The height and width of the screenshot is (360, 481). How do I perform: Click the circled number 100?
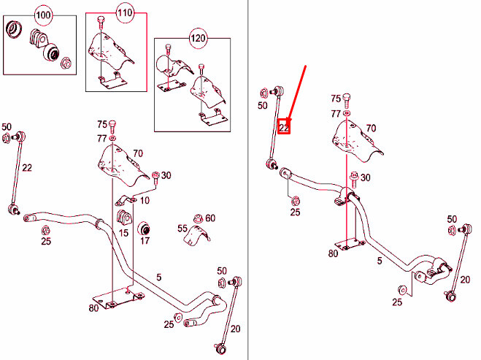[x=44, y=15]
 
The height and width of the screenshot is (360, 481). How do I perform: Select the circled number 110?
[x=124, y=14]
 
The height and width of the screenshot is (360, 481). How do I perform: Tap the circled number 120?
[x=199, y=37]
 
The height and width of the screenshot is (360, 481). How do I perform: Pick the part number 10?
[x=145, y=199]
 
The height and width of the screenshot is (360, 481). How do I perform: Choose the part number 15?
[x=123, y=233]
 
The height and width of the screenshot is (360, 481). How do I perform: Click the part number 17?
[x=145, y=240]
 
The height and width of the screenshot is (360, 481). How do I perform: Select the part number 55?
[x=182, y=229]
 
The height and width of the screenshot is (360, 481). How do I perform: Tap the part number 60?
[x=210, y=218]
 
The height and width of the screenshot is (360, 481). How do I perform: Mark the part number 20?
[x=235, y=329]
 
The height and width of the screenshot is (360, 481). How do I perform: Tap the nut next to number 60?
[x=197, y=218]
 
